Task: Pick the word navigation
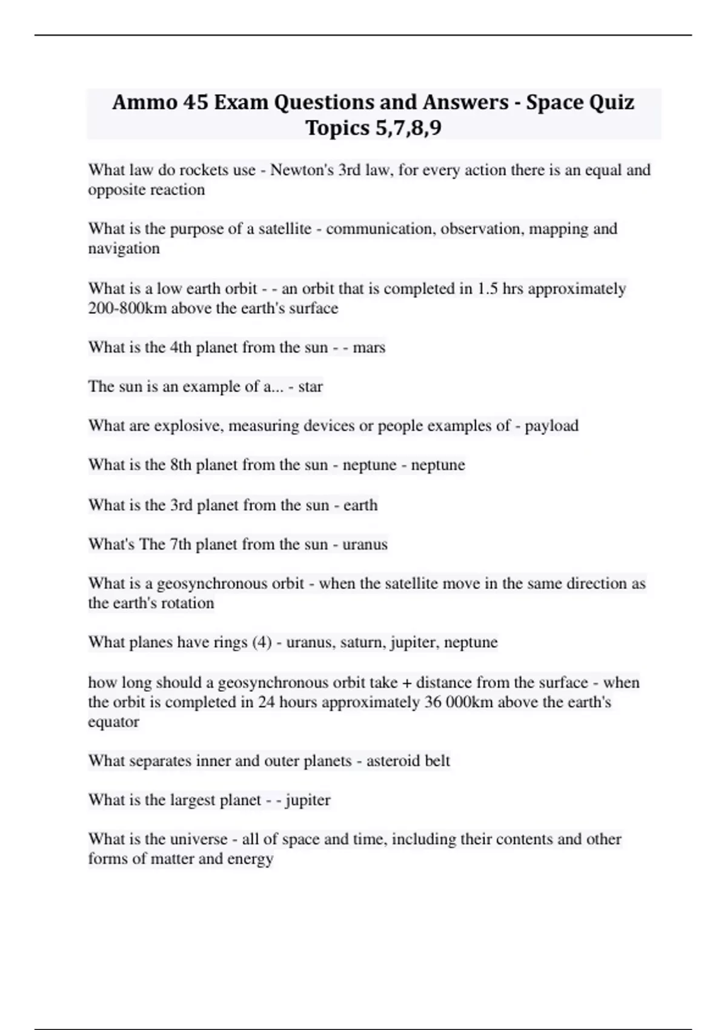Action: (124, 248)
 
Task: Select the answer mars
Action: (369, 348)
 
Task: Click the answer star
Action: (310, 387)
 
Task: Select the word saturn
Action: (360, 642)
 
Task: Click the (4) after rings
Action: (262, 642)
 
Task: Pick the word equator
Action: (114, 722)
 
